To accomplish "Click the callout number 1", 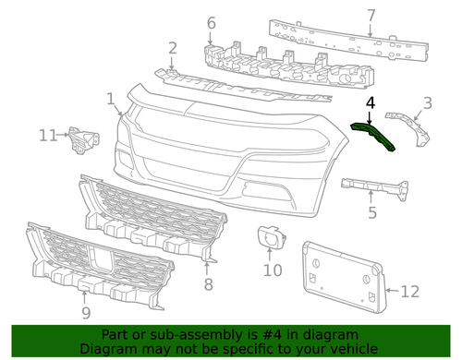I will pos(111,98).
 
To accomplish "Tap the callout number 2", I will pos(172,48).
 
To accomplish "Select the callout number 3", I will pos(427,102).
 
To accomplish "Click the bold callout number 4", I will pos(370,103).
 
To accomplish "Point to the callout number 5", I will pos(372,213).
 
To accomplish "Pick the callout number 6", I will pos(211,22).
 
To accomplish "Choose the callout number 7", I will pos(371,15).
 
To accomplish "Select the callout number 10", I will pos(272,270).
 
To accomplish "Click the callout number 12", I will pos(409,292).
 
